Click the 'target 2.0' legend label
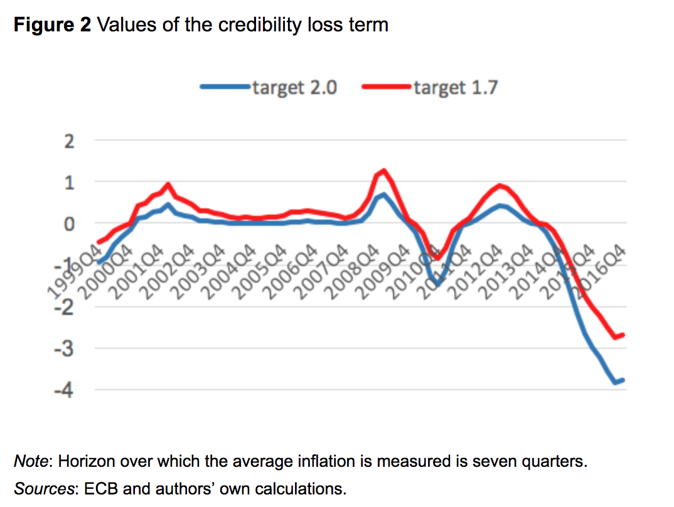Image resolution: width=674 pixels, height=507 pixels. click(x=294, y=88)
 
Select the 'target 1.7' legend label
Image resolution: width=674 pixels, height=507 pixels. click(x=456, y=88)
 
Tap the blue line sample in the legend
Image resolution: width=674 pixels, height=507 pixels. click(x=225, y=88)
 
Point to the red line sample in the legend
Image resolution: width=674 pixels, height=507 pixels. click(x=387, y=88)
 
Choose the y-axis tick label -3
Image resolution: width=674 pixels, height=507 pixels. click(x=66, y=349)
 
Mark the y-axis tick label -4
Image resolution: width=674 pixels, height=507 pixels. click(x=66, y=390)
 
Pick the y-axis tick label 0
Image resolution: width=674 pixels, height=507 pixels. click(x=70, y=224)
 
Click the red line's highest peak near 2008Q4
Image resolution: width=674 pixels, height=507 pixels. click(x=383, y=170)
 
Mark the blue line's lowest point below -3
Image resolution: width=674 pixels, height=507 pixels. click(x=616, y=382)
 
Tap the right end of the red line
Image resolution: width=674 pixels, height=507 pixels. click(x=623, y=335)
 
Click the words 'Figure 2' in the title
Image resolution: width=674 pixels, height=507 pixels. click(x=53, y=25)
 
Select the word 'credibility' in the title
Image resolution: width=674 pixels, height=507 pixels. click(x=245, y=25)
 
